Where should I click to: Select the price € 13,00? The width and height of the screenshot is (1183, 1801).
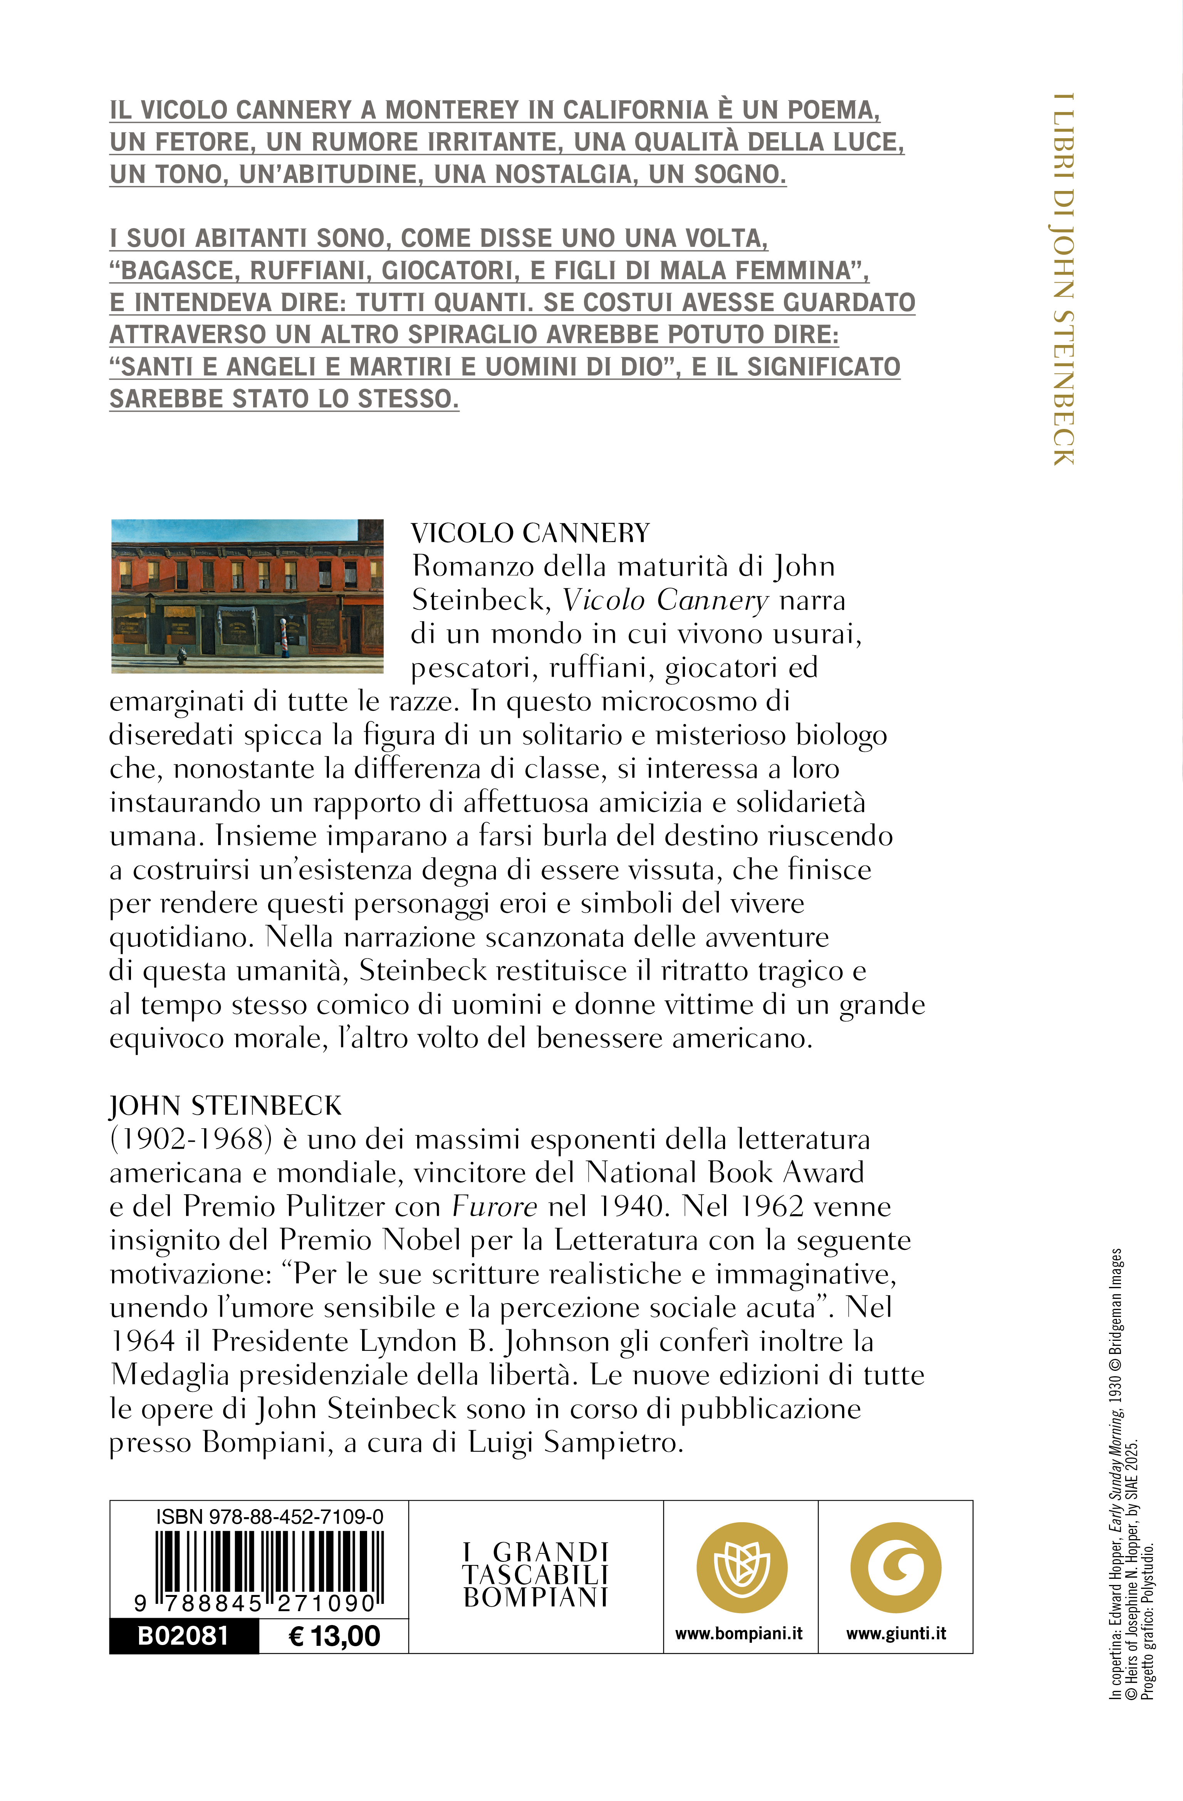(334, 1636)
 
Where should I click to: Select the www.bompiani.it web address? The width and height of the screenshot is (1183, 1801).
(739, 1634)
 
